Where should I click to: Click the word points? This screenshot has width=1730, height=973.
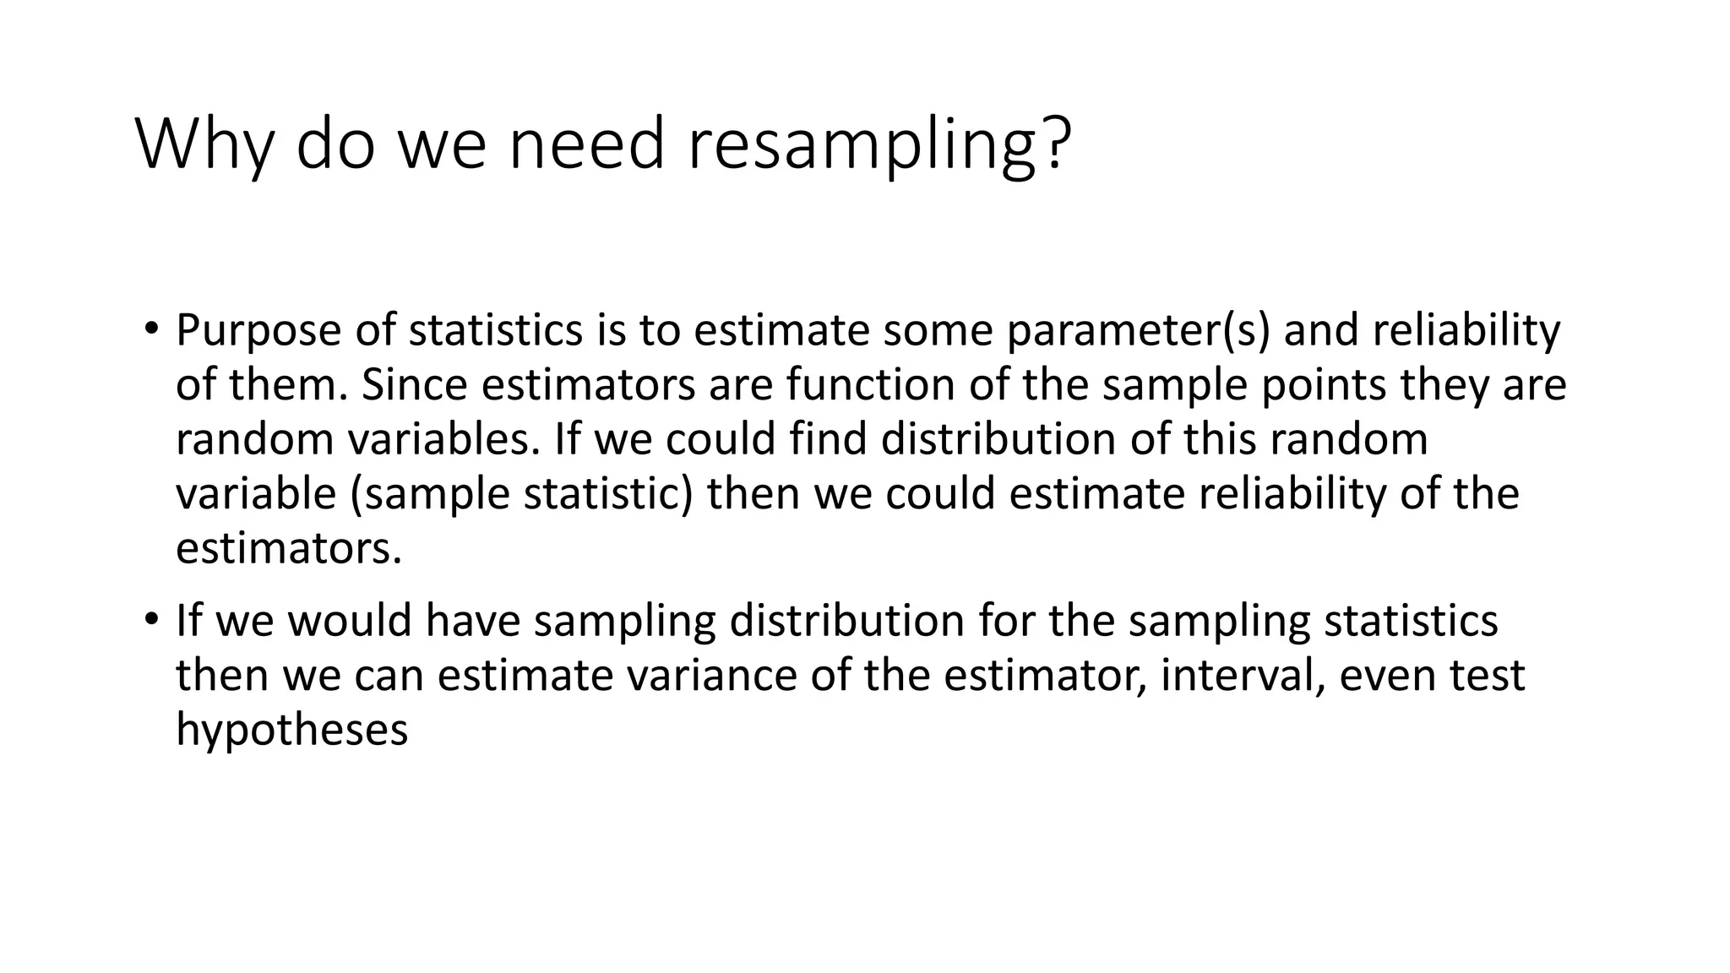1324,385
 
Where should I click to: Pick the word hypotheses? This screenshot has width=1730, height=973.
291,730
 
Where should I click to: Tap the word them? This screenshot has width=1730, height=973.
286,385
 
